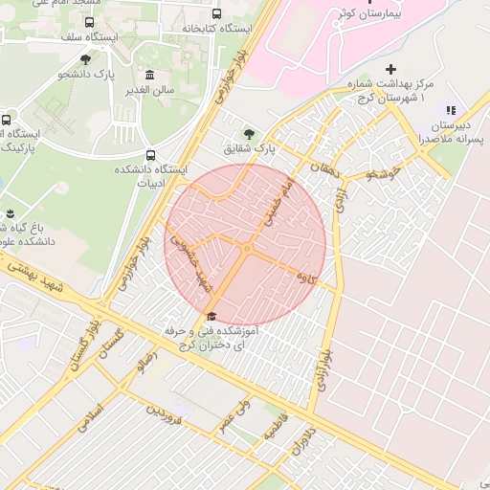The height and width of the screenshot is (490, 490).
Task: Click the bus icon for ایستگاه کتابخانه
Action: click(x=217, y=14)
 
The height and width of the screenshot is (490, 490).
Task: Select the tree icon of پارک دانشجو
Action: click(x=85, y=59)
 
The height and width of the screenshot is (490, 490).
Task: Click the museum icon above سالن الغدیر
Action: click(x=148, y=75)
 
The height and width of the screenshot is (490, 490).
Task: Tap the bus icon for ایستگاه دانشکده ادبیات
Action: click(x=149, y=155)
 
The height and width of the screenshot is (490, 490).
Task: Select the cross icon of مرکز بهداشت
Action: click(x=390, y=70)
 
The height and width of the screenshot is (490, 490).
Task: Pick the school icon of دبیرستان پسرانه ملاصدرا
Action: click(x=451, y=111)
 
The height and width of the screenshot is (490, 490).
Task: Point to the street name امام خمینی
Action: click(x=278, y=200)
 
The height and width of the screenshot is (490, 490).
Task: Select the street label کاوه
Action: click(x=307, y=278)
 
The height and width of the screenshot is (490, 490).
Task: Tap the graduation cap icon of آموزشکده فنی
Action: click(x=211, y=317)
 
